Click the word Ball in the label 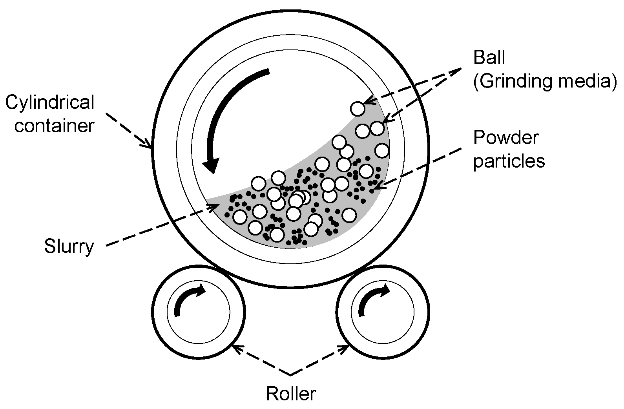(489, 58)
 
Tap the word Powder (506, 137)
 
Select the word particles (509, 161)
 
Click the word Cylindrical (50, 102)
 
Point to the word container (54, 126)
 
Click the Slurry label (69, 246)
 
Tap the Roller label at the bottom (290, 393)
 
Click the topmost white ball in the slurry (358, 108)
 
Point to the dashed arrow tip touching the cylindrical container (151, 148)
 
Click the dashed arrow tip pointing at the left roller (234, 346)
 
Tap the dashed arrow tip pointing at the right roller (348, 346)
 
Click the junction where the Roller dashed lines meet (290, 375)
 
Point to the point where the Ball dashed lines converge (462, 69)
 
